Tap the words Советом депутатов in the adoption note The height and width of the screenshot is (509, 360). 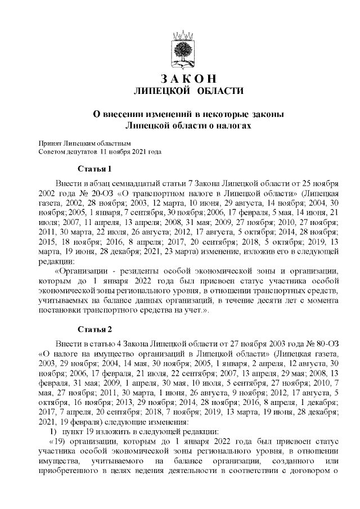pyautogui.click(x=69, y=152)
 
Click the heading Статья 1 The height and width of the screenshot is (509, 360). pyautogui.click(x=94, y=169)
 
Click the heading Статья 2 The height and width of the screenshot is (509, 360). pyautogui.click(x=94, y=328)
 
